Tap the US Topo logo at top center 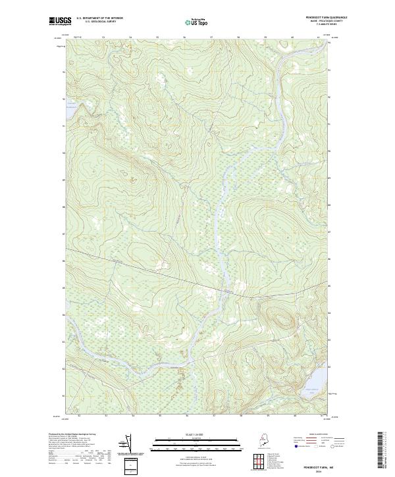(197, 22)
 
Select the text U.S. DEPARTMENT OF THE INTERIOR (99, 18)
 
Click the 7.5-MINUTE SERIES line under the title (311, 25)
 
